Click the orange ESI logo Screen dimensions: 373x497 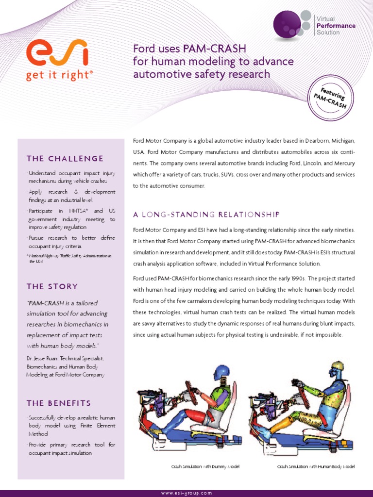tap(57, 53)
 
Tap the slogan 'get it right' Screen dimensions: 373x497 tap(59, 76)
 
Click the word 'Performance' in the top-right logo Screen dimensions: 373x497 tap(336, 26)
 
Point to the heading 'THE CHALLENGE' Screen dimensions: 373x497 tap(65, 159)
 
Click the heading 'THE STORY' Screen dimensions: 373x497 tap(52, 286)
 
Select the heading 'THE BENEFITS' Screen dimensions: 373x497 tap(59, 403)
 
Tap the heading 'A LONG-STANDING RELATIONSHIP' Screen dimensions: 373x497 tap(206, 215)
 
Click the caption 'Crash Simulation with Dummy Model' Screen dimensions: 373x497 tap(205, 466)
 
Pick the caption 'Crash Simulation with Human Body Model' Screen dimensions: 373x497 tap(316, 466)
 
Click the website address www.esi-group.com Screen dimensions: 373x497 tap(186, 493)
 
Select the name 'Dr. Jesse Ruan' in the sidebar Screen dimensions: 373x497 tap(42, 358)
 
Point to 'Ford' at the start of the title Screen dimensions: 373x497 tap(145, 49)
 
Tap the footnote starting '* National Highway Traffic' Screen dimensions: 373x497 tap(69, 258)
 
